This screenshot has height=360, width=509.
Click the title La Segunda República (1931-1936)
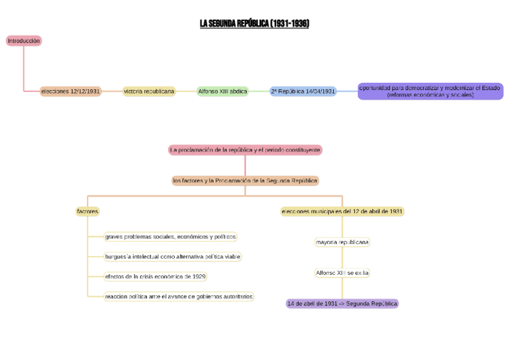tap(254, 23)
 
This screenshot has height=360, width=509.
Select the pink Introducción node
tap(24, 41)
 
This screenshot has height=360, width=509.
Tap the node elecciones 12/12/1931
tap(71, 91)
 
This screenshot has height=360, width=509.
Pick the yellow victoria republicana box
tap(149, 91)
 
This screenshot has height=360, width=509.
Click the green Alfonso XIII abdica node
tap(223, 91)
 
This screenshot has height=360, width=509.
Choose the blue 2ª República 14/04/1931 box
tap(303, 91)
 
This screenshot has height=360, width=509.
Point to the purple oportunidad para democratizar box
tap(430, 91)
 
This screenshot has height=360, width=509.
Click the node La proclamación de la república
tap(245, 149)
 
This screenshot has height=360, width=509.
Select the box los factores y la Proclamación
tap(245, 181)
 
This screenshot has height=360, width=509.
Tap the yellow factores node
tap(88, 211)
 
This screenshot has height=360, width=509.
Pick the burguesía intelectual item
tap(173, 257)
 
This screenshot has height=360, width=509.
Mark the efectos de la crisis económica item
tap(155, 277)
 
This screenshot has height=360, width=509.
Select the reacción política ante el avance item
tap(179, 296)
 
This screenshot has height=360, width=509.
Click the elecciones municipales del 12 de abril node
tap(342, 211)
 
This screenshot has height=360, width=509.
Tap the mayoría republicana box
tap(342, 242)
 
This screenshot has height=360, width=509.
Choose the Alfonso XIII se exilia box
tap(342, 273)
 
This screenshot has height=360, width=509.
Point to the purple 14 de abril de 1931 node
tap(342, 304)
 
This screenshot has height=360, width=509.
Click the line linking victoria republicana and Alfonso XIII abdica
tap(186, 91)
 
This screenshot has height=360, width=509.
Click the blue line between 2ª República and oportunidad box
tap(348, 91)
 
